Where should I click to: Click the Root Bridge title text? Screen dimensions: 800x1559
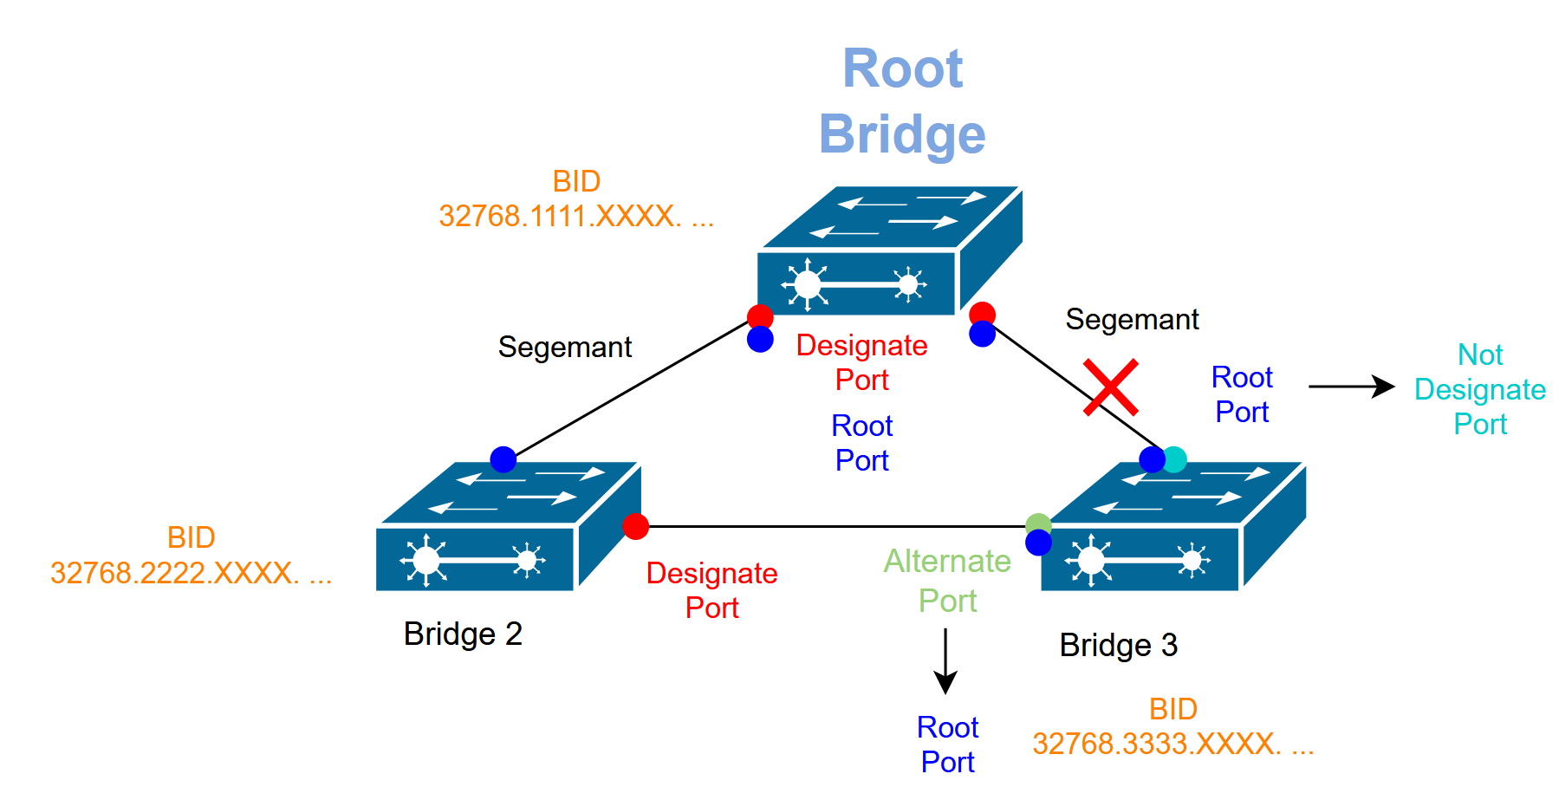[x=902, y=101]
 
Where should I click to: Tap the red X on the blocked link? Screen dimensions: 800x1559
[x=1110, y=387]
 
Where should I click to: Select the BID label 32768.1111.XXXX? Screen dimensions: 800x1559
[x=576, y=199]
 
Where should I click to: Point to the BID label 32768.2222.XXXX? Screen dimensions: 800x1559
[x=191, y=556]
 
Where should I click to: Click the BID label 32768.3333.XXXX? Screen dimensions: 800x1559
[x=1172, y=727]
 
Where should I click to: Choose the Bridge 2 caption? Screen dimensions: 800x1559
[x=463, y=634]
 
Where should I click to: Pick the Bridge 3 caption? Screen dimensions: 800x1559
[x=1118, y=645]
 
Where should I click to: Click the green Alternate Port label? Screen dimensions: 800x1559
[x=947, y=580]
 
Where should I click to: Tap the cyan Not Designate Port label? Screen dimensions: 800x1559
[x=1479, y=389]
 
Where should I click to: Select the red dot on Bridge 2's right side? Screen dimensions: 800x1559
[x=635, y=526]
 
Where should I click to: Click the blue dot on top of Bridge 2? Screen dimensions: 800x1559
[x=503, y=459]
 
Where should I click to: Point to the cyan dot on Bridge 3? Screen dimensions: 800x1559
[x=1175, y=459]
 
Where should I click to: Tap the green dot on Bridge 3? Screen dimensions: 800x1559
[x=1038, y=524]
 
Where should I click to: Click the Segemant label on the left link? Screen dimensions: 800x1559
[x=564, y=347]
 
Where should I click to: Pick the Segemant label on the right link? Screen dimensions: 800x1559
[x=1132, y=319]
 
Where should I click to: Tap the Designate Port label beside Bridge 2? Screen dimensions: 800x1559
[x=711, y=590]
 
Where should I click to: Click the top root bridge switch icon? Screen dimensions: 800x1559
[x=889, y=250]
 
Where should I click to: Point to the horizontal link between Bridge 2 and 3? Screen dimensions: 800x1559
[x=832, y=526]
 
